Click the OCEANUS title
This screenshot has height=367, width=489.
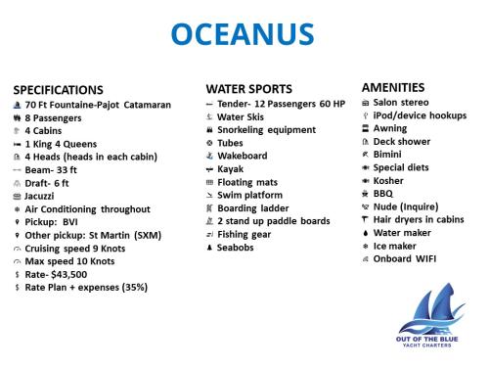243,33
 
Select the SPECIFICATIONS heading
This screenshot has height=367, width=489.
58,89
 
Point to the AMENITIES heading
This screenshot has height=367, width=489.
393,87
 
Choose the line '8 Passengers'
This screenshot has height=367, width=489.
56,116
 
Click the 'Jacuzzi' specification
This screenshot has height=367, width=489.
45,196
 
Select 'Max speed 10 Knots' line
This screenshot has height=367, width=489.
68,261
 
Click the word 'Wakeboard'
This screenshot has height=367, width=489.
243,156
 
